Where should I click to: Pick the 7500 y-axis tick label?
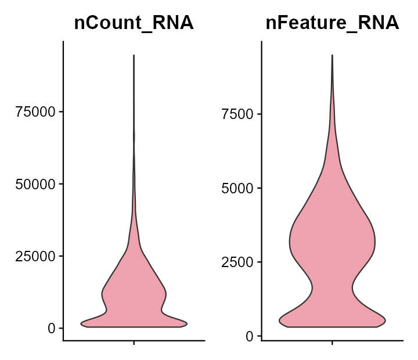[x=237, y=114]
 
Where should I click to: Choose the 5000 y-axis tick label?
[x=237, y=188]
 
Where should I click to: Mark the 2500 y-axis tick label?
[x=237, y=262]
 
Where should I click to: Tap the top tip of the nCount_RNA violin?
[x=134, y=56]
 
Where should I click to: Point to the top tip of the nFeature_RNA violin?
[x=332, y=55]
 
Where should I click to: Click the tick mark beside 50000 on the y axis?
[x=61, y=184]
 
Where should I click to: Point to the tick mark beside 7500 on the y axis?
[x=260, y=114]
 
